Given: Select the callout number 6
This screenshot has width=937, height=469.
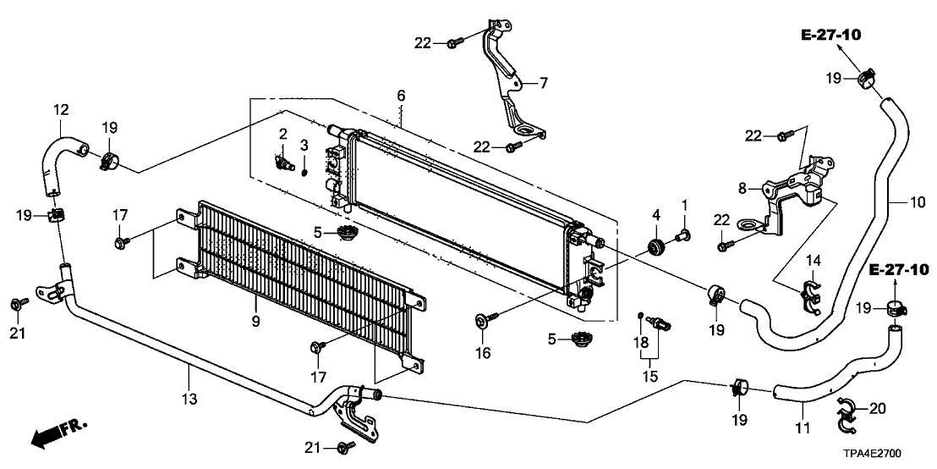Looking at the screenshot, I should tap(402, 97).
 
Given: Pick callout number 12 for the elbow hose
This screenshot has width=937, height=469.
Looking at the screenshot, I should tap(61, 109).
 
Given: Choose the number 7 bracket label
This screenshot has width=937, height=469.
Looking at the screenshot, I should tap(544, 83).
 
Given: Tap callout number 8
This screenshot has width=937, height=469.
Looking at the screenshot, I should tap(742, 189).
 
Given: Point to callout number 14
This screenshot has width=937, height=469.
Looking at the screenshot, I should tap(813, 258).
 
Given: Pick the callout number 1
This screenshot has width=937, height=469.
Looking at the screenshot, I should tap(685, 204).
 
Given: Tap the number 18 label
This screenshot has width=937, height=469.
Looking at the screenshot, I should tap(640, 341).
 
